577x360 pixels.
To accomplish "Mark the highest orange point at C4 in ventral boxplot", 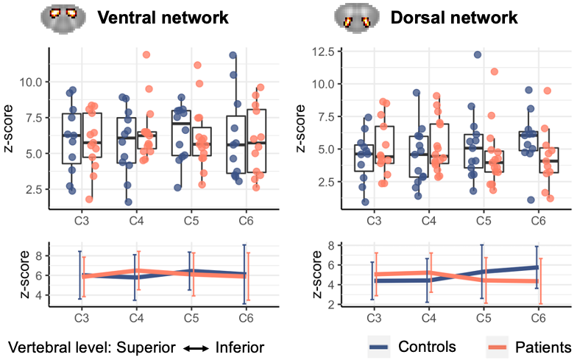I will pyautogui.click(x=146, y=55).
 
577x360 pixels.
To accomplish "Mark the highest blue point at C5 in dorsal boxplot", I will pyautogui.click(x=478, y=55).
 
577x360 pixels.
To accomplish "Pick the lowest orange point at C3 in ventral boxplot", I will pyautogui.click(x=89, y=199).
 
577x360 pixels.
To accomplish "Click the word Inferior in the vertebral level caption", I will pyautogui.click(x=239, y=347).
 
